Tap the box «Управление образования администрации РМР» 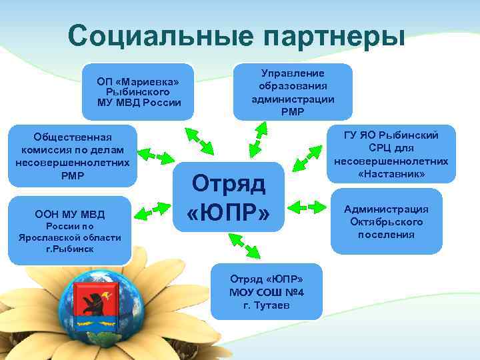[x=293, y=91]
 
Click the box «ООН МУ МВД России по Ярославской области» [x=69, y=230]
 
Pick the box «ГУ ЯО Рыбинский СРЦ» [x=391, y=154]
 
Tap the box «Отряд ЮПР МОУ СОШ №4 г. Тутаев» [x=266, y=291]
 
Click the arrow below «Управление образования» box [x=256, y=139]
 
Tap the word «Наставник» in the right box [x=391, y=173]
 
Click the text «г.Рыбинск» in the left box [x=69, y=249]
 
